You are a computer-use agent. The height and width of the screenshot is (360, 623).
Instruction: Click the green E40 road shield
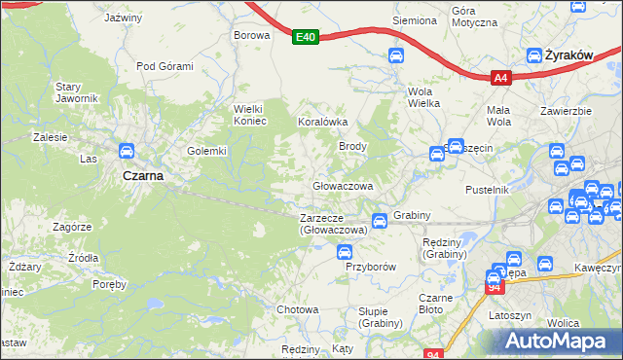click(x=306, y=37)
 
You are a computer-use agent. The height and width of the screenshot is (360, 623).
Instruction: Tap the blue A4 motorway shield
click(x=500, y=78)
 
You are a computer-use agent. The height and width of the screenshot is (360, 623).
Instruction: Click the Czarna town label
click(x=142, y=176)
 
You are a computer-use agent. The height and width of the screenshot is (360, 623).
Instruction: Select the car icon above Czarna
click(x=126, y=152)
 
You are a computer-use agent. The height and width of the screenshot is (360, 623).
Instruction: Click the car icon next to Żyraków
click(x=534, y=56)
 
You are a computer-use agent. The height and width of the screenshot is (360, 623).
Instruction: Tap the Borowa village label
click(x=251, y=35)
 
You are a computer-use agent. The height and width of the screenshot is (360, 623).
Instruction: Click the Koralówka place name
click(x=321, y=123)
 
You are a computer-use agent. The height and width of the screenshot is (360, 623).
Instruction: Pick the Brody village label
click(x=351, y=146)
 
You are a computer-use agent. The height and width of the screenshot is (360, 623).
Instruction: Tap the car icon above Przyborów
click(x=344, y=252)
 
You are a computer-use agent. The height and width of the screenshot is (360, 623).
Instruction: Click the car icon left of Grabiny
click(x=379, y=219)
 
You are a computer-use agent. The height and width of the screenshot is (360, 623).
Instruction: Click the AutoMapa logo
click(x=560, y=341)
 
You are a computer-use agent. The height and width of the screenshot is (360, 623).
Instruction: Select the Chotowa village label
click(x=298, y=309)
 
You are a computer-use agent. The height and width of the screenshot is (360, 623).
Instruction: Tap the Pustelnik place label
click(x=488, y=190)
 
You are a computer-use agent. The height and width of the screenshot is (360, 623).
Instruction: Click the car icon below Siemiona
click(x=396, y=56)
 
